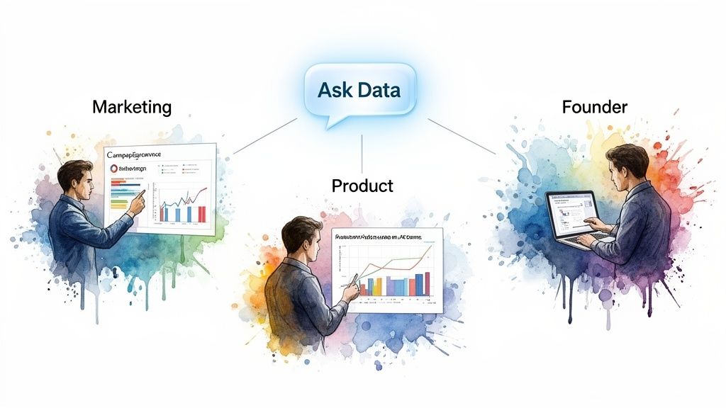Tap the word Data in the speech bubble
377,91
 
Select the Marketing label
132,107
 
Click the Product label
362,186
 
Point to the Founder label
595,107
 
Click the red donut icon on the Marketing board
114,169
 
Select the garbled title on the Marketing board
134,153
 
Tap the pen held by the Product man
349,281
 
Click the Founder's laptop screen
571,212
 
